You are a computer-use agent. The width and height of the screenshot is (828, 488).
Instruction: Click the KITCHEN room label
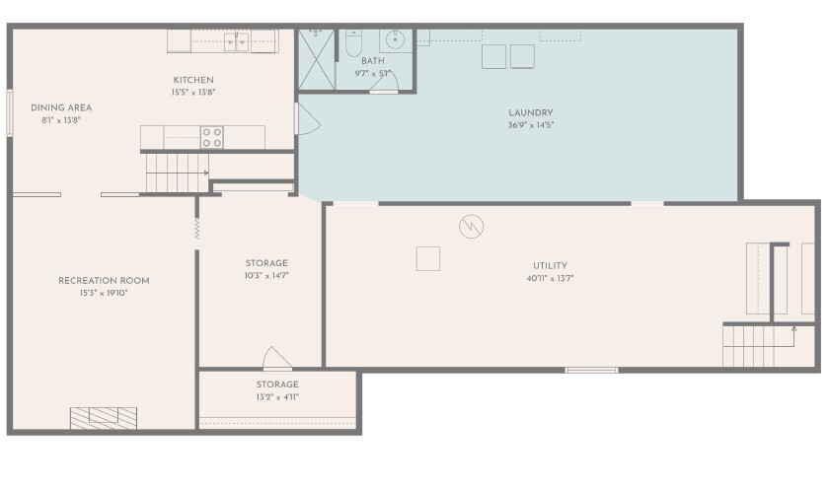coord(193,80)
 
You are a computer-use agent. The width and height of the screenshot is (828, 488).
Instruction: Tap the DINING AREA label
coord(61,108)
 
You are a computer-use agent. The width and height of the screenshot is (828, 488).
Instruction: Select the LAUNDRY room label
coord(531,113)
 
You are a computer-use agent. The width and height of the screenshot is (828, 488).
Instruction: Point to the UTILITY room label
coord(550,266)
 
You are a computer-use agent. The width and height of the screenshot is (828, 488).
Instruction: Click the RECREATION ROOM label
coord(104,281)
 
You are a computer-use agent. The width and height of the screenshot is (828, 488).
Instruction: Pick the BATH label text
coord(373,61)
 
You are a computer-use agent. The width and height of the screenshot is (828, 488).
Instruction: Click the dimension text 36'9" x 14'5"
coord(531,125)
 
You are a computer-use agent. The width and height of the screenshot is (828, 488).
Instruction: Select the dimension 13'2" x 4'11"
coord(277,397)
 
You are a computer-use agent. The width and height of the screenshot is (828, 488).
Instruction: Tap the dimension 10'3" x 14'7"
coord(266,275)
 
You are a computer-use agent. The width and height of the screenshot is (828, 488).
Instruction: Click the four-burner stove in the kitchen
coord(212,137)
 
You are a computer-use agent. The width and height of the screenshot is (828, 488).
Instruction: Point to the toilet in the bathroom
coord(353,42)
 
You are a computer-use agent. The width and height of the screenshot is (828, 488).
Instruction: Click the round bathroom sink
coord(395,39)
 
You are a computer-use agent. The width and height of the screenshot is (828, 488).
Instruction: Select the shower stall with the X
coord(317,59)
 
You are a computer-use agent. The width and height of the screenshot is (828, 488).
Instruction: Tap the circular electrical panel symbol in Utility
coord(471,227)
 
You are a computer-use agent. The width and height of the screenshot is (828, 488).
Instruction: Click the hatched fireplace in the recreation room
coord(104,418)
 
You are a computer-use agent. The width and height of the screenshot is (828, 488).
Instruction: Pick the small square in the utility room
coord(427,258)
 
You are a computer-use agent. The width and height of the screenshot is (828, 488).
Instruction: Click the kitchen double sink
coord(236,42)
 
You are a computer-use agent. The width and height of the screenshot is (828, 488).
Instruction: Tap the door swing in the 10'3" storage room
coord(276,358)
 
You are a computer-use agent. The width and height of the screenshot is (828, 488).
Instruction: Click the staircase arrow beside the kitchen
coord(178,173)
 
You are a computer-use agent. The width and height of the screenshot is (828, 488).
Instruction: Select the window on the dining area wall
coord(10,113)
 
